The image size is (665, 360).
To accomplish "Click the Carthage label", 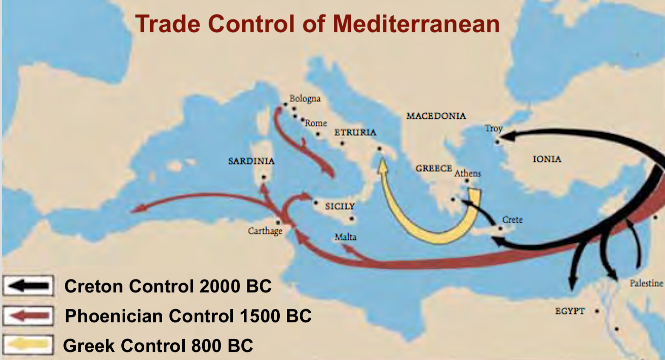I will [x=265, y=231].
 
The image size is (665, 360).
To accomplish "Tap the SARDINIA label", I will [x=251, y=161].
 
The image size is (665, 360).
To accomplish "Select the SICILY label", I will [x=340, y=206].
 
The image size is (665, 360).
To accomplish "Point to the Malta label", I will [x=345, y=237].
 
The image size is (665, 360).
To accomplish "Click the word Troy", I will [x=493, y=128].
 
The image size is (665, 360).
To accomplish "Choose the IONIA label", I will [x=547, y=159].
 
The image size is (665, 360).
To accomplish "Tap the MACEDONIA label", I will [x=436, y=116].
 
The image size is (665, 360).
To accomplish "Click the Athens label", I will [x=467, y=173].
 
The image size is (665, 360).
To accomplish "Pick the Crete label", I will [x=512, y=220].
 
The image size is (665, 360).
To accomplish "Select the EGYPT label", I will [x=570, y=311].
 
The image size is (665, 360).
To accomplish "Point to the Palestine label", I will [x=646, y=283].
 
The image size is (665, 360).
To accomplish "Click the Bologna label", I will [x=305, y=98].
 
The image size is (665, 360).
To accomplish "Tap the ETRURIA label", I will [x=355, y=132].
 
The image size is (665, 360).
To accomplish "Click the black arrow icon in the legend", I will [x=28, y=286].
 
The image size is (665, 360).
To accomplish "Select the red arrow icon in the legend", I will [x=28, y=316].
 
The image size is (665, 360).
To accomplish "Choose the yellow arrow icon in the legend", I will [x=28, y=345].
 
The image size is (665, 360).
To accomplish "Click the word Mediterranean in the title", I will [x=416, y=24].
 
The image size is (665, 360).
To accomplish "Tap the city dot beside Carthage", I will [x=278, y=222].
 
